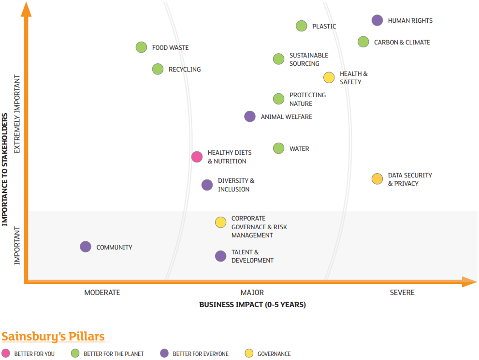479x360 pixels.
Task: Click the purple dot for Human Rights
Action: pos(377,20)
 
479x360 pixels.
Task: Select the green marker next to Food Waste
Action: pos(141,47)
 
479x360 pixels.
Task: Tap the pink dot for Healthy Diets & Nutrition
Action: pos(197,157)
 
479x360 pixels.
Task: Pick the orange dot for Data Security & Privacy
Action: pos(377,179)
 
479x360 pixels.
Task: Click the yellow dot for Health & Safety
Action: pos(329,77)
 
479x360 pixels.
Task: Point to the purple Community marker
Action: pos(85,247)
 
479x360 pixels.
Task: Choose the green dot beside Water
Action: pos(279,148)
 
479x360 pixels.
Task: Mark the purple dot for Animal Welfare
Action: pos(250,116)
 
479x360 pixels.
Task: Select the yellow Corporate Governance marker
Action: pos(221,222)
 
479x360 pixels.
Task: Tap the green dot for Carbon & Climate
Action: pos(363,42)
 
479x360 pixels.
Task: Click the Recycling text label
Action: pos(185,69)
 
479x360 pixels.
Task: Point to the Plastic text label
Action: pos(324,26)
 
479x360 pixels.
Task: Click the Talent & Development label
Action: pos(252,256)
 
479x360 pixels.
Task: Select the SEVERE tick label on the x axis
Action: pos(402,292)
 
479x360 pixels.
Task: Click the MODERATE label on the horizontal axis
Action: pos(102,292)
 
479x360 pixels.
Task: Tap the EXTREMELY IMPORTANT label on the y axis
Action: pos(17,114)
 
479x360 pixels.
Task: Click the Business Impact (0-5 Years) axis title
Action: pos(253,305)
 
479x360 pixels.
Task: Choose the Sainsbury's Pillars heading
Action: pos(53,337)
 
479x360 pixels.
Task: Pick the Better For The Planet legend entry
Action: pos(107,353)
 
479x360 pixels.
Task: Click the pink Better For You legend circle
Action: pos(6,353)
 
